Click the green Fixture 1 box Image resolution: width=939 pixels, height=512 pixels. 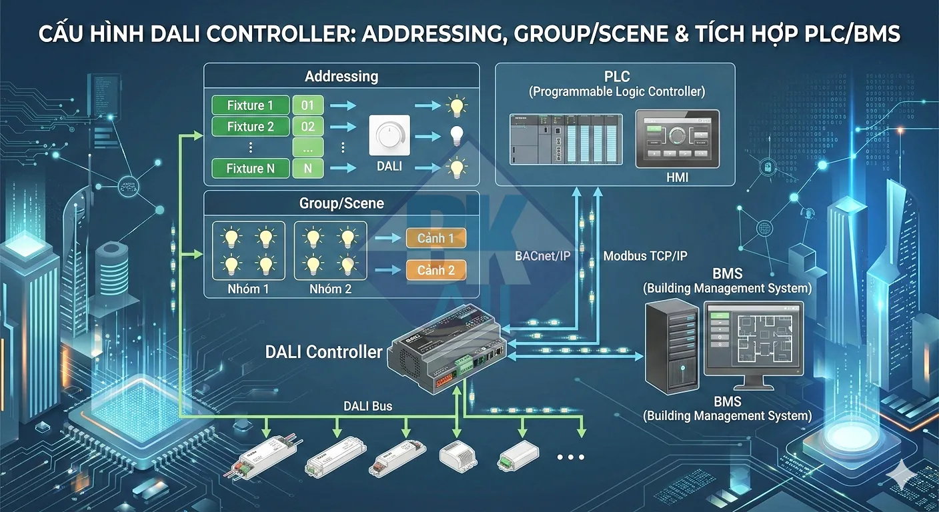[x=251, y=105]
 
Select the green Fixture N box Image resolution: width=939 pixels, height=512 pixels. [x=251, y=169]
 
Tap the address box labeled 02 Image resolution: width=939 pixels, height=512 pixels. [x=308, y=127]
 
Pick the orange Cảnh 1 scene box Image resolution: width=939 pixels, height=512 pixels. [x=435, y=238]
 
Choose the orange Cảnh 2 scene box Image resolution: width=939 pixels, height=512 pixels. [x=435, y=270]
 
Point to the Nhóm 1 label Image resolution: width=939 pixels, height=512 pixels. [x=248, y=289]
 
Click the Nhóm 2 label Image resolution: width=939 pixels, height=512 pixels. [x=330, y=289]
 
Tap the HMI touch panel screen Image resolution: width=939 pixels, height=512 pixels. [x=677, y=138]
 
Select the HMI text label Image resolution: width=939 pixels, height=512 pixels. [x=677, y=178]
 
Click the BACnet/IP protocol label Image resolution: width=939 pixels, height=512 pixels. [x=542, y=255]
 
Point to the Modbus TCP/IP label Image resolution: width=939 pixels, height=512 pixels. [x=645, y=255]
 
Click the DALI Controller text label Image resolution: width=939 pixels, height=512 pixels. [x=324, y=352]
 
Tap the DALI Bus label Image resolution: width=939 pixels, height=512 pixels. [x=368, y=406]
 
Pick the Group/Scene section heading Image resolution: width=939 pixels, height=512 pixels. [x=341, y=203]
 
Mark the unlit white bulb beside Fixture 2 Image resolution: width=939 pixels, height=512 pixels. [x=456, y=135]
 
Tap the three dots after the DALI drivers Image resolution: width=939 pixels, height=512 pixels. [x=570, y=457]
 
